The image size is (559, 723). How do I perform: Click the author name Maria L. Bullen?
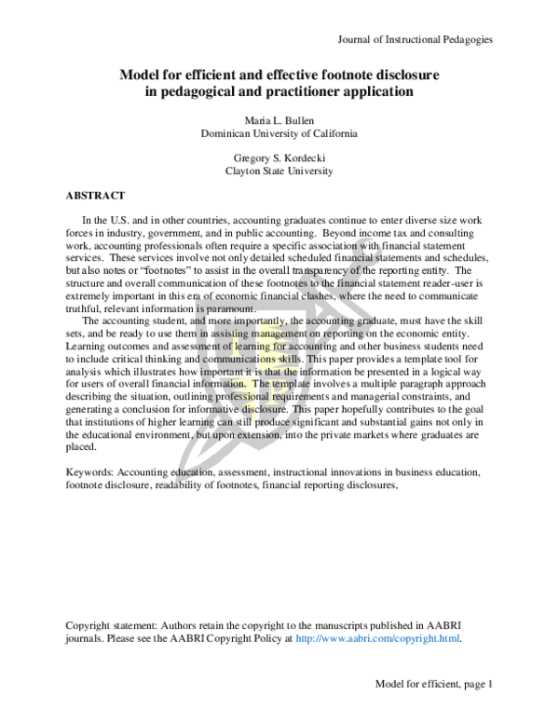coord(279,120)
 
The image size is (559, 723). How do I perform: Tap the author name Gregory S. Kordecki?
coord(279,158)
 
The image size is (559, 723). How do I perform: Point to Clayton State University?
coord(279,171)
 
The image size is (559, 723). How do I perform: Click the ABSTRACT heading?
coord(95,197)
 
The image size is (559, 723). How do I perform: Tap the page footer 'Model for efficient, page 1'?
coord(433,684)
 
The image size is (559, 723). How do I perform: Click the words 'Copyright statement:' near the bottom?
coord(113,625)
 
